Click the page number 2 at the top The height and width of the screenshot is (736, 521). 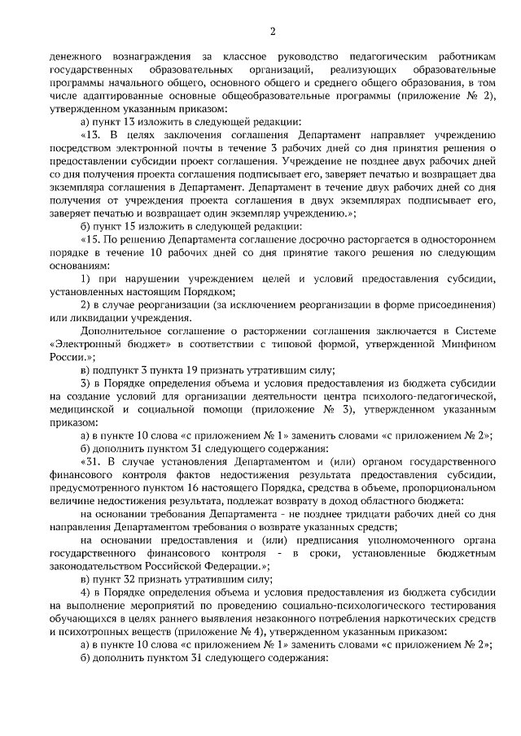(x=273, y=32)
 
